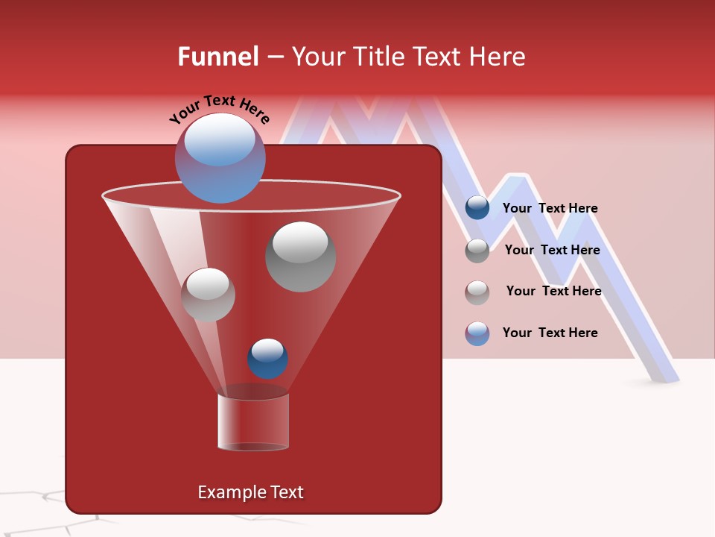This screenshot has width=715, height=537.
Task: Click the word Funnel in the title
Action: [x=217, y=57]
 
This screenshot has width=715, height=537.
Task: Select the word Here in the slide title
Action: [x=496, y=57]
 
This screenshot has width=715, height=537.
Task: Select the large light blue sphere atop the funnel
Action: [x=220, y=157]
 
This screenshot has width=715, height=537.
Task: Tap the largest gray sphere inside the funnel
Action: [x=300, y=257]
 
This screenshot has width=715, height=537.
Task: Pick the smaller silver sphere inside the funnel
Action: [x=208, y=295]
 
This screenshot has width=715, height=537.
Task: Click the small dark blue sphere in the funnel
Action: [x=267, y=359]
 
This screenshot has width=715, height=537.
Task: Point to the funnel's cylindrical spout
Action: [x=253, y=421]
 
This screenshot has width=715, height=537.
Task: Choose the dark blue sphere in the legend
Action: [x=477, y=208]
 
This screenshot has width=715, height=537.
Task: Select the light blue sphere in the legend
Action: [x=477, y=333]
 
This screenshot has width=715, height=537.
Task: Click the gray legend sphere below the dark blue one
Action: [x=477, y=251]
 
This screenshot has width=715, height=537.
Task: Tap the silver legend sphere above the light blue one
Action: [x=477, y=292]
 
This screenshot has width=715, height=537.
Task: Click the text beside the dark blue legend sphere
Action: [x=550, y=209]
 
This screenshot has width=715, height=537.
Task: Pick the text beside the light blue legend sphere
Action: [x=550, y=333]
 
